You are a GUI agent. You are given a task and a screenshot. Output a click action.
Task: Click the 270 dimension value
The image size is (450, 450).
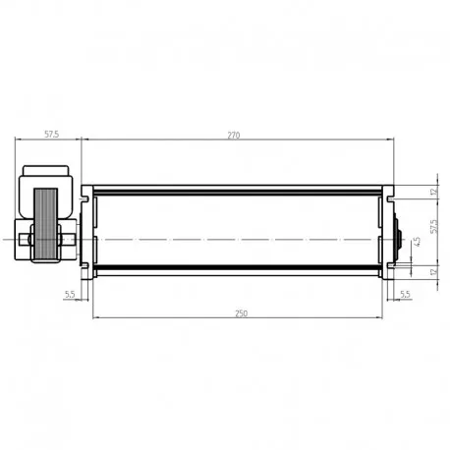pyautogui.click(x=234, y=135)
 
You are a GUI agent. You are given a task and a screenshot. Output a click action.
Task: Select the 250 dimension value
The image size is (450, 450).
pyautogui.click(x=242, y=313)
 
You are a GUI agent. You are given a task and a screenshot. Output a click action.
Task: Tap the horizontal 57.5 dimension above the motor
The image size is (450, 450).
pyautogui.click(x=52, y=134)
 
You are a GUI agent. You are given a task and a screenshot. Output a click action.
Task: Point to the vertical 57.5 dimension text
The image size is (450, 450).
pyautogui.click(x=434, y=226)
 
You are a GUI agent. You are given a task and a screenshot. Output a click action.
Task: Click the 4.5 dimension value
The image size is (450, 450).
pyautogui.click(x=418, y=242)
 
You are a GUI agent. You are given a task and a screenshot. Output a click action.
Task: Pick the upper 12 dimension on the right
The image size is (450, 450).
pyautogui.click(x=434, y=192)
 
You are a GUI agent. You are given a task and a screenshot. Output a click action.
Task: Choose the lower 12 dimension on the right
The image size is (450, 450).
pyautogui.click(x=434, y=271)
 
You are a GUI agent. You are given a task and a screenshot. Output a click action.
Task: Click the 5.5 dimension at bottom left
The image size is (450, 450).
pyautogui.click(x=70, y=294)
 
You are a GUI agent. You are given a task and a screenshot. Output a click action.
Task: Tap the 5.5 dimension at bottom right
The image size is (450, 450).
pyautogui.click(x=405, y=294)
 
